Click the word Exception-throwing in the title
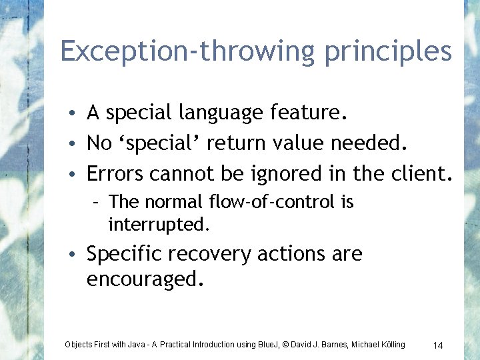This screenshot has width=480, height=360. [189, 51]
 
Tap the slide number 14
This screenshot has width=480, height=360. [438, 345]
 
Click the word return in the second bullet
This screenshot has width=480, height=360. [233, 144]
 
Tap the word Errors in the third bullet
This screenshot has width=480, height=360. [116, 173]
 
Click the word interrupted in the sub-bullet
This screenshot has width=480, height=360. [159, 225]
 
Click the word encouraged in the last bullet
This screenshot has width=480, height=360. [142, 279]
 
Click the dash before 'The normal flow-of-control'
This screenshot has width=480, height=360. [97, 202]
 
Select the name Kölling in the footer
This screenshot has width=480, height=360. [389, 345]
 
